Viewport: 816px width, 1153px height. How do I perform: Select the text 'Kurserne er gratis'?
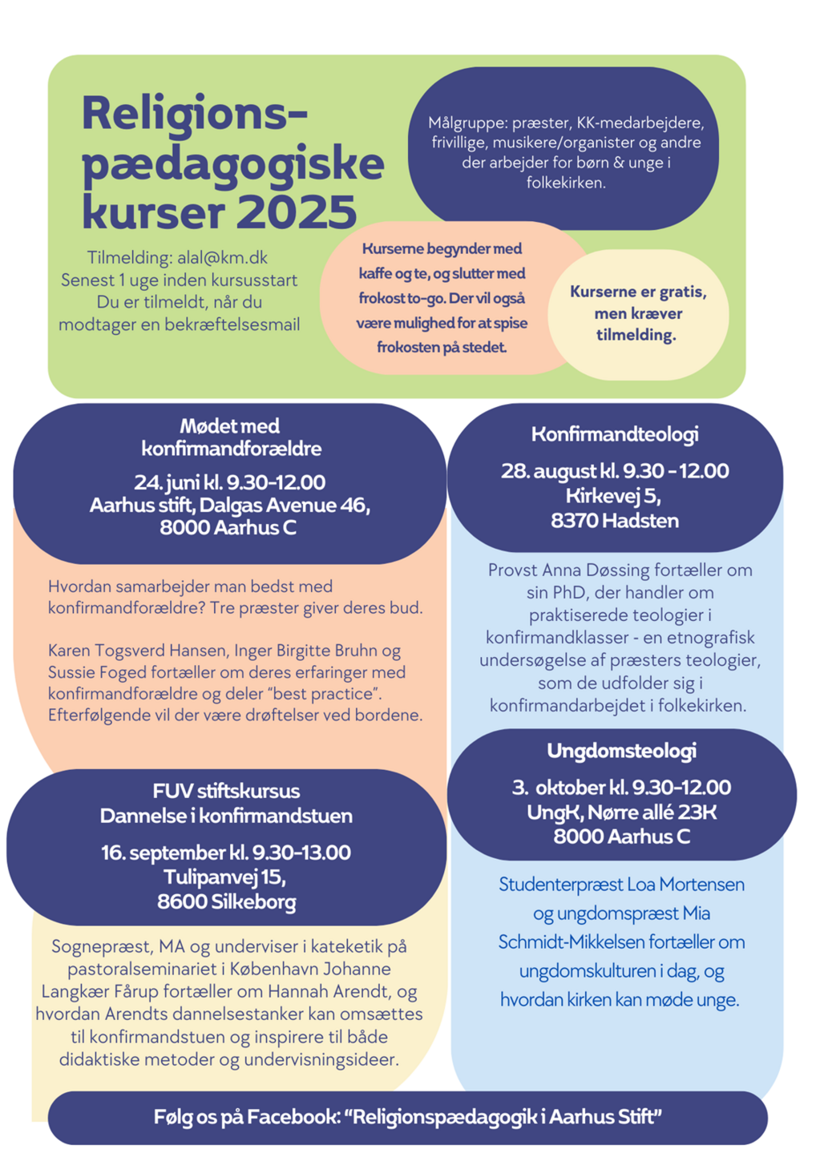tap(638, 292)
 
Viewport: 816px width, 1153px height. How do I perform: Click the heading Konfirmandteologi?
tap(615, 434)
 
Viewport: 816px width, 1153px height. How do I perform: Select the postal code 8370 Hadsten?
tap(615, 521)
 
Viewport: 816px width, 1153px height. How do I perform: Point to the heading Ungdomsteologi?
tap(621, 751)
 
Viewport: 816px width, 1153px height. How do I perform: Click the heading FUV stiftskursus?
tap(226, 792)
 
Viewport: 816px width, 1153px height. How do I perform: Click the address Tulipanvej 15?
tap(224, 877)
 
